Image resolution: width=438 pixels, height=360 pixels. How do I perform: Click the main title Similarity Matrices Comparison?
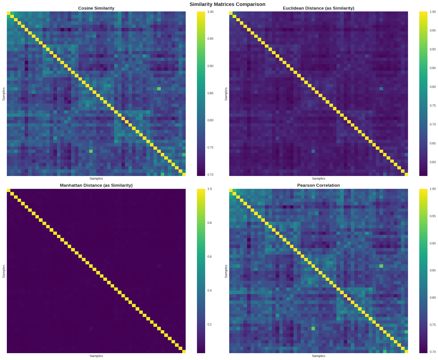pos(227,4)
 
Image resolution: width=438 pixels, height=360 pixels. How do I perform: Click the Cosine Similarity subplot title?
pos(96,8)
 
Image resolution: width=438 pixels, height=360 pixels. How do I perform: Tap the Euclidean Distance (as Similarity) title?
pos(318,8)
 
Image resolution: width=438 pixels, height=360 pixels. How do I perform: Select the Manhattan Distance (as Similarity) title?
pos(96,185)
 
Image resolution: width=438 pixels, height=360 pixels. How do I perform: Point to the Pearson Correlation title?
pos(318,185)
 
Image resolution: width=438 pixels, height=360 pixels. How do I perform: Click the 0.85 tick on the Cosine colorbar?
pos(210,93)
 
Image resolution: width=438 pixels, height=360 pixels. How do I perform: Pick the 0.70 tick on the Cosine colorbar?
pos(210,175)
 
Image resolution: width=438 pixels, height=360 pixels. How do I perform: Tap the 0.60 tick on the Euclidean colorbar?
pos(433,162)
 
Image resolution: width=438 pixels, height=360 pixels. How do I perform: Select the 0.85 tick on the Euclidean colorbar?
pos(433,68)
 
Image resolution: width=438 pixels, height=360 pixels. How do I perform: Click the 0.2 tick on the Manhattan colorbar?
pos(209,324)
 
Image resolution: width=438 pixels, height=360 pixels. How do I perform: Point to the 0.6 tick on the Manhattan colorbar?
pos(209,257)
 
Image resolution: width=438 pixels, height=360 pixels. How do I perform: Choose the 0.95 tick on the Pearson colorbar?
pos(433,216)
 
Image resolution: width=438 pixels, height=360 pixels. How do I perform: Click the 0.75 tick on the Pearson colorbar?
pos(433,325)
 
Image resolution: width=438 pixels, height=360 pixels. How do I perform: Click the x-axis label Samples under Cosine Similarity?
pos(96,179)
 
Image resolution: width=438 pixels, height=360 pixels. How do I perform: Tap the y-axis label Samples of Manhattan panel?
pos(4,271)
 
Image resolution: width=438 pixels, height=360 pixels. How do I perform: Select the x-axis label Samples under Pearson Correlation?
pos(318,356)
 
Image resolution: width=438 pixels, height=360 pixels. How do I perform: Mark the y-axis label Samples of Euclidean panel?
pos(226,94)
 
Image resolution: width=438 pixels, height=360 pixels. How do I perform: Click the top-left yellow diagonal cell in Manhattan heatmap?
pos(8,191)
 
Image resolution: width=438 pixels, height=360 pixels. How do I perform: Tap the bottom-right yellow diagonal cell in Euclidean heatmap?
pos(406,174)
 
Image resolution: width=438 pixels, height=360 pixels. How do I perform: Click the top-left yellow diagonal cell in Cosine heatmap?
pos(8,13)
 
